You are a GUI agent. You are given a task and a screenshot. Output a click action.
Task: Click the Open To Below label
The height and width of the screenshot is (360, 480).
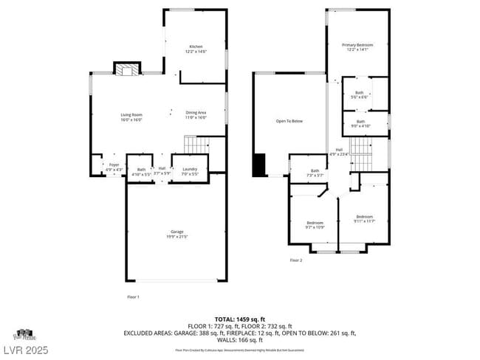pos(289,121)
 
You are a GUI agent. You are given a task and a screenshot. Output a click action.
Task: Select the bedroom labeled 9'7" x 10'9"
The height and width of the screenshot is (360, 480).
pos(315,224)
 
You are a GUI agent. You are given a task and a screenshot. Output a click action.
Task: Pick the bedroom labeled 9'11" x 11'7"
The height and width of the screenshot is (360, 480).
pos(365,218)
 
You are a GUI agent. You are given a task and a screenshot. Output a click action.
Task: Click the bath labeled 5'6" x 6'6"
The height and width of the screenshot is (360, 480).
pos(359,94)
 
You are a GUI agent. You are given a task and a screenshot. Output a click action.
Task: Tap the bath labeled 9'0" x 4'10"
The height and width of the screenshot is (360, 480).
pos(360,123)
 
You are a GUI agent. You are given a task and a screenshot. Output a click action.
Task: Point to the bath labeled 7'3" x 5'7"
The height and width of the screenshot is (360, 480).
pos(315,173)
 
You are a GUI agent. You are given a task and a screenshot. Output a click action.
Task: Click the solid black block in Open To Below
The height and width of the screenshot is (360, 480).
pos(258,165)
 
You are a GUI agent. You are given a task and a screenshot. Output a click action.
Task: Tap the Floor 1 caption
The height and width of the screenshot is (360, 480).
pos(133,297)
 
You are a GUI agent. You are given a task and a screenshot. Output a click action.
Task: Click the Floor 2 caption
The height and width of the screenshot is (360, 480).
pos(295,260)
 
